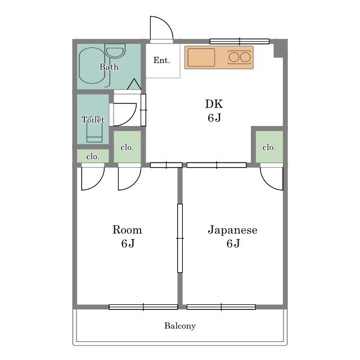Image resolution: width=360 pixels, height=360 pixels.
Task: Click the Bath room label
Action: coord(109,67)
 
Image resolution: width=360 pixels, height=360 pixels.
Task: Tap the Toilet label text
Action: coord(93,120)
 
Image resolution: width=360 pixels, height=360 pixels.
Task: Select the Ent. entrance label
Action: coord(161,60)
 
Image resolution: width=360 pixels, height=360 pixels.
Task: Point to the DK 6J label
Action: coord(214,111)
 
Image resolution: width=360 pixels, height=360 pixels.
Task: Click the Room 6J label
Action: coord(127,236)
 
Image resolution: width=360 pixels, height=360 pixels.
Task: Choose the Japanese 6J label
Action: coord(232,236)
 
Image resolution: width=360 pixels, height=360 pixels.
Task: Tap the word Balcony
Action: coord(180,326)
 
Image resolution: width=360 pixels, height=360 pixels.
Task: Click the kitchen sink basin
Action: coord(201,57)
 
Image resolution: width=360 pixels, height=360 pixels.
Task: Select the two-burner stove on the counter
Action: coord(239,57)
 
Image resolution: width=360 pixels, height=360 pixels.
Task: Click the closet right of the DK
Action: coord(269,147)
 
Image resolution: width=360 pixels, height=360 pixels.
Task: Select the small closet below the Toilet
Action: coord(93,156)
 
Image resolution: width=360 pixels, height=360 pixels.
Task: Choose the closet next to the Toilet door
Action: coord(127,147)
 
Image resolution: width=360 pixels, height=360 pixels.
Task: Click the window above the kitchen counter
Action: coord(239,41)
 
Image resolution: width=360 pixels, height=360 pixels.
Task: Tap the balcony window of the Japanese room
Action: coord(221,307)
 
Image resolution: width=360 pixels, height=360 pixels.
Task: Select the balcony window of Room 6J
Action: coord(143,307)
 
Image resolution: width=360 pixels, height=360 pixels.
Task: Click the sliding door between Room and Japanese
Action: coord(180,238)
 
